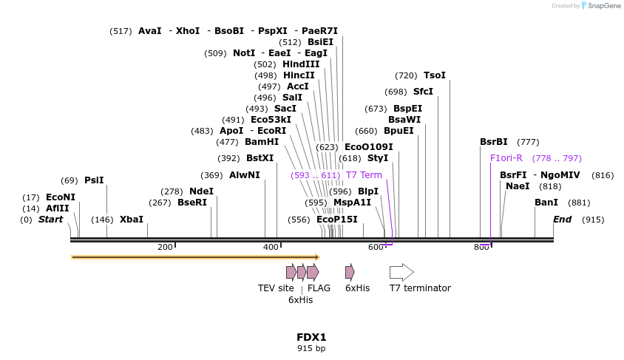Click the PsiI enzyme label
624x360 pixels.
click(x=94, y=180)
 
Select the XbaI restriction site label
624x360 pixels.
click(x=132, y=220)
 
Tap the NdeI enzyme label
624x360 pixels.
click(x=201, y=191)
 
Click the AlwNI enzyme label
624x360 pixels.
click(x=245, y=175)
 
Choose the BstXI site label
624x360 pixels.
click(x=260, y=158)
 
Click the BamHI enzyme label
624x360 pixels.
click(x=262, y=142)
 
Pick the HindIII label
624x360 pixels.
click(x=301, y=64)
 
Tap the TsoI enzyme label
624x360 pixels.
click(x=435, y=75)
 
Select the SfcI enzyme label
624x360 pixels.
click(x=423, y=92)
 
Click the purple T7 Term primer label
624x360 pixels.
click(x=364, y=175)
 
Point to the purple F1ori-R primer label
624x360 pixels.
click(x=506, y=158)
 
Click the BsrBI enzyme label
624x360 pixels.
click(x=494, y=142)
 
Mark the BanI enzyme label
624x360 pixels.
click(x=546, y=203)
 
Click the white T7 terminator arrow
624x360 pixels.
click(x=401, y=272)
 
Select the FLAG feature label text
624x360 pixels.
click(x=319, y=288)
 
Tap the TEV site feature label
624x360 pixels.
click(x=276, y=288)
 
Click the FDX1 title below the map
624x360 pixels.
click(x=311, y=337)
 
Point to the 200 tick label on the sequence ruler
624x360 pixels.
click(x=165, y=247)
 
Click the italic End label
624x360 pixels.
click(x=563, y=220)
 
